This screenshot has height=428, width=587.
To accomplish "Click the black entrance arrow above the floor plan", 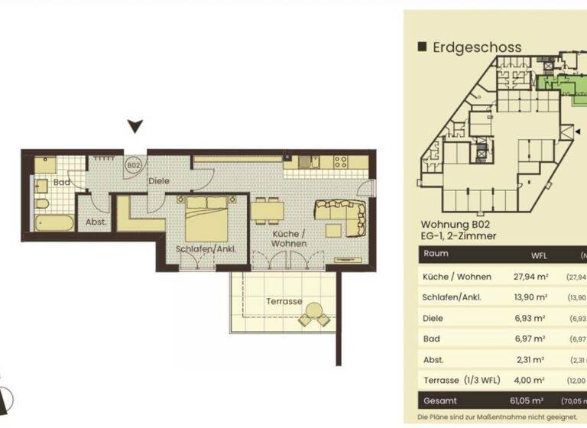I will (135, 126).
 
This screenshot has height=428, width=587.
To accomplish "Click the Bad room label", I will (62, 183).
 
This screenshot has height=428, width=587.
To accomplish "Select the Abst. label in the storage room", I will (96, 222).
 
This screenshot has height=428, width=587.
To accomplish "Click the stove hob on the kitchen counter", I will (339, 161).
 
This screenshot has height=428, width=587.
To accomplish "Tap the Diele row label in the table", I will (433, 318).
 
